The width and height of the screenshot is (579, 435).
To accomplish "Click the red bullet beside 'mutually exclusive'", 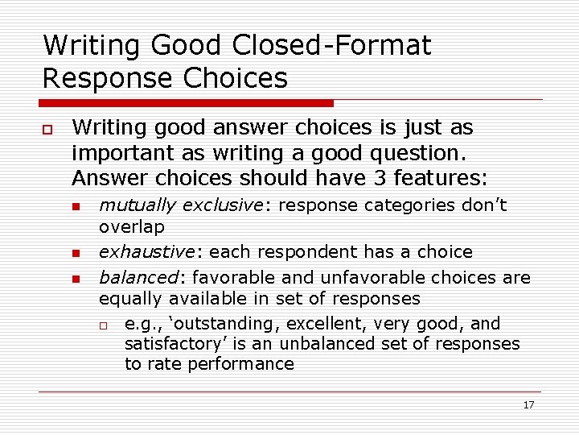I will (76, 207).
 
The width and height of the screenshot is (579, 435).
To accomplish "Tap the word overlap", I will (131, 227).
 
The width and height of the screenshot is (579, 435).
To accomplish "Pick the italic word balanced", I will (137, 278).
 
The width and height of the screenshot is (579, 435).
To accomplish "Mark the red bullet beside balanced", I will (76, 280).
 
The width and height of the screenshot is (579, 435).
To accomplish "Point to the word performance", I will (241, 364).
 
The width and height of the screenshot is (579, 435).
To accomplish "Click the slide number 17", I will (528, 405).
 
